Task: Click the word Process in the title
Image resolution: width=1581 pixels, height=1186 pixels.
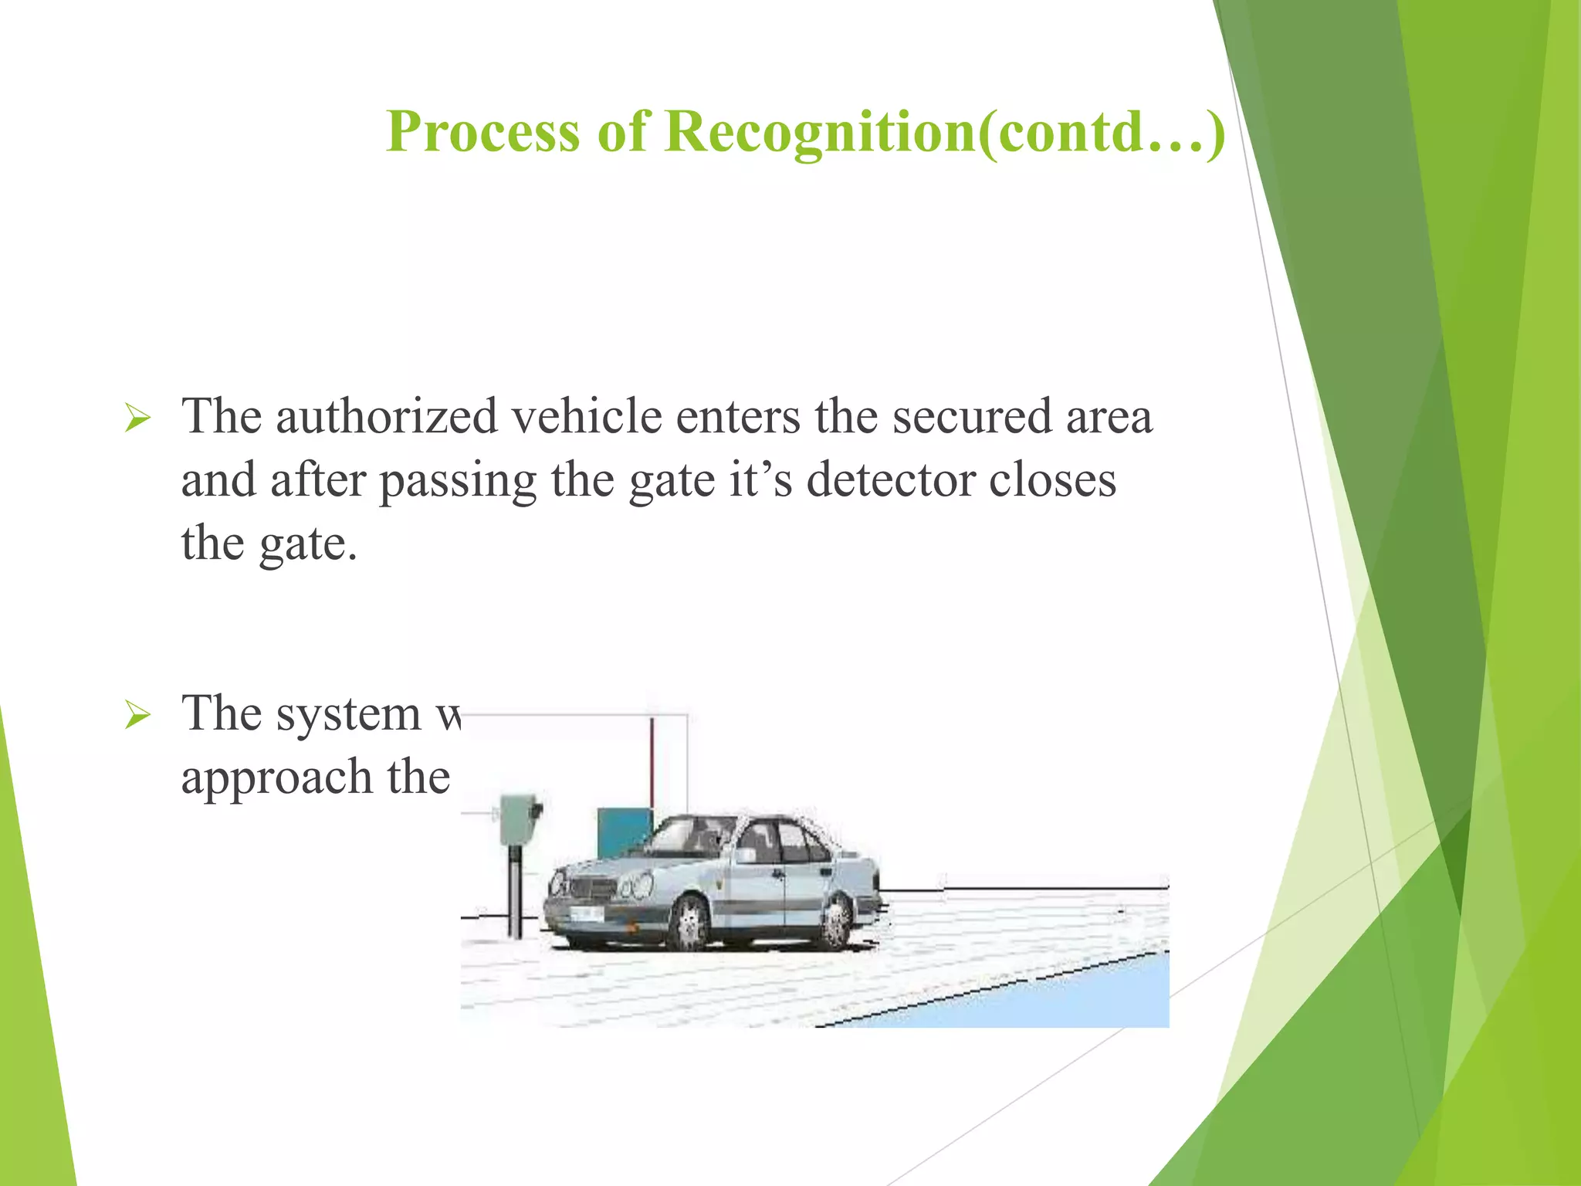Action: (482, 131)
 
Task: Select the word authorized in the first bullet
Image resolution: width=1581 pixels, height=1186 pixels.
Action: (386, 416)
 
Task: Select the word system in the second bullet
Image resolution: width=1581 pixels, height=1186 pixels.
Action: (348, 715)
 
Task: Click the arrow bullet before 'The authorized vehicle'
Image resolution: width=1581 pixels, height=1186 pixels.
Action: (137, 419)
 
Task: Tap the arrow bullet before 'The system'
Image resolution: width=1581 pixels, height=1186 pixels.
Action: (137, 716)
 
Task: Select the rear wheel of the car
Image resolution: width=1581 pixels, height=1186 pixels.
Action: (837, 922)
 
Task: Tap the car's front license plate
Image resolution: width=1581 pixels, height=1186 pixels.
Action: (586, 914)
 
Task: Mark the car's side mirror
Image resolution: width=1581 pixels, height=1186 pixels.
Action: (746, 855)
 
